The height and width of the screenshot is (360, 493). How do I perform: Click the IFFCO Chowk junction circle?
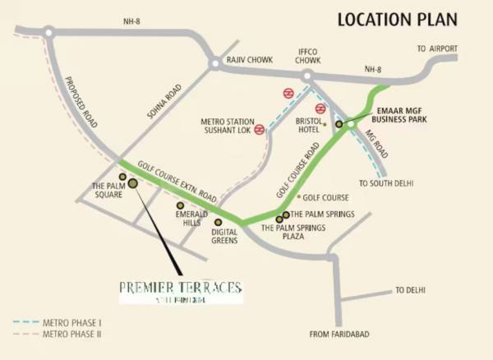(x=306, y=76)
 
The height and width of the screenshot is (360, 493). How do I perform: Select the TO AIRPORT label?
(x=437, y=49)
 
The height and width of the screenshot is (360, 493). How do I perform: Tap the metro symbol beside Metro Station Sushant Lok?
(x=260, y=129)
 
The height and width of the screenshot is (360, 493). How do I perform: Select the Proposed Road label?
(x=81, y=103)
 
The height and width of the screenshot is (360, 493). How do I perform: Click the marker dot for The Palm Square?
(x=122, y=177)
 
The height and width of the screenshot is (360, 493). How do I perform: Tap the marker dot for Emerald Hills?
(x=180, y=205)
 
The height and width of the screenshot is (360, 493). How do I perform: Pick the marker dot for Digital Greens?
(x=218, y=222)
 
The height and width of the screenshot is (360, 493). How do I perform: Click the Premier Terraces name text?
(x=181, y=287)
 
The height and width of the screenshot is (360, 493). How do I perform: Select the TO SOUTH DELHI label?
(x=385, y=182)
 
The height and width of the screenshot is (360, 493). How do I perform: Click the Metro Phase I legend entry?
(x=68, y=322)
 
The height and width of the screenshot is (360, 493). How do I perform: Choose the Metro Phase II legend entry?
(x=70, y=335)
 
